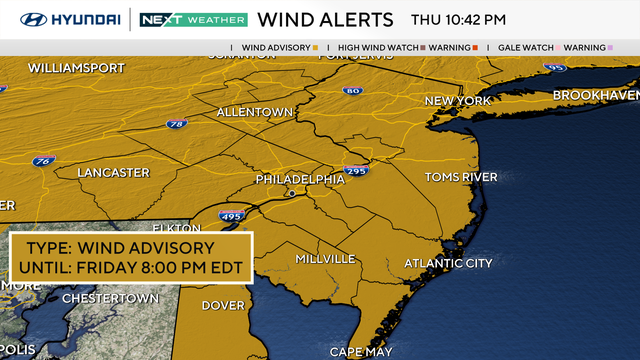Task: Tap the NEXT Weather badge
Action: [x=192, y=19]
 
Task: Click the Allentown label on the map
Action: [x=254, y=112]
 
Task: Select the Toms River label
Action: [x=461, y=177]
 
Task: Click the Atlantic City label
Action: [x=448, y=263]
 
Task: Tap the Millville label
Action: [x=325, y=259]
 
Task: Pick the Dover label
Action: [x=222, y=306]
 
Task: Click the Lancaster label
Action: [x=113, y=172]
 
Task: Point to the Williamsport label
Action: [x=76, y=68]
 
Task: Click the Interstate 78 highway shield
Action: [x=176, y=124]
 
